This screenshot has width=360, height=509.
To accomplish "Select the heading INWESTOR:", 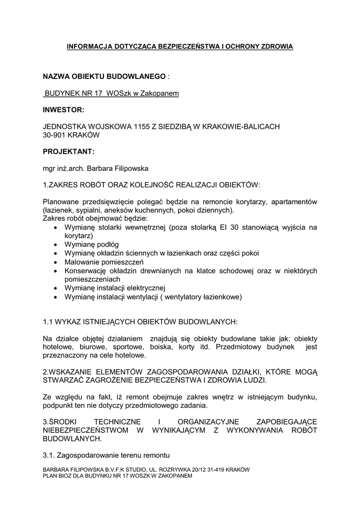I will pyautogui.click(x=64, y=109).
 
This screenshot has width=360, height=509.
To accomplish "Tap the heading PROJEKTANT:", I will pyautogui.click(x=69, y=151).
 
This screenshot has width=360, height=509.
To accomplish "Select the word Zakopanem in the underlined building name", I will pyautogui.click(x=162, y=93).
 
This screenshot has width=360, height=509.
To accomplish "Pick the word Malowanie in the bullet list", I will pyautogui.click(x=83, y=262).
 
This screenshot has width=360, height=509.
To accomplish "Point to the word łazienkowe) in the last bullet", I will pyautogui.click(x=221, y=297).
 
